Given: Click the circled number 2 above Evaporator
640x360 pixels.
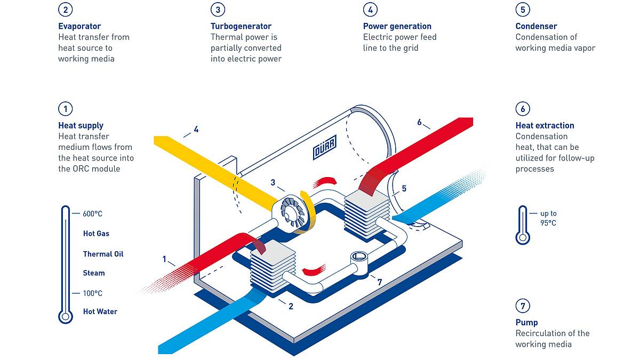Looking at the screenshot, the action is pos(66,10).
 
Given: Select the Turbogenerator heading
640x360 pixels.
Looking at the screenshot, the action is pos(241,26).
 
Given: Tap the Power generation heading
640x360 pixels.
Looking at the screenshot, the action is pos(397,26).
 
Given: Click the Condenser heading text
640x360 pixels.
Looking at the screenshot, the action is pos(537,26).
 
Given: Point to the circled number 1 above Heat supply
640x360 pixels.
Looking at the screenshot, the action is pos(66,109).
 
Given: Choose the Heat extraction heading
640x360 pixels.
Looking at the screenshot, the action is pos(545,125).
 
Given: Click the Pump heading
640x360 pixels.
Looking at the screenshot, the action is pos(526,323).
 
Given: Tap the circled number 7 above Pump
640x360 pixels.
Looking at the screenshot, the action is pos(523,306).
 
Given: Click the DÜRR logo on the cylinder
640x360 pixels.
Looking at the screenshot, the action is pos(325,147).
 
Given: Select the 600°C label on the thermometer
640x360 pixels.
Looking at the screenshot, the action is pos(92,214).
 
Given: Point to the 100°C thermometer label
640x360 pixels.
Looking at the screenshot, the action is pos(92,293).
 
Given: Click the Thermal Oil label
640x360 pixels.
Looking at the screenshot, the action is pos(103,254).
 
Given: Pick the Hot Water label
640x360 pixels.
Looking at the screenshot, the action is pos(100,311).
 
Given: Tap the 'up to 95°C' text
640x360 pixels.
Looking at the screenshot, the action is pos(548,218).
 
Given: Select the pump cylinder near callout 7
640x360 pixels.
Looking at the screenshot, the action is pos(359,263).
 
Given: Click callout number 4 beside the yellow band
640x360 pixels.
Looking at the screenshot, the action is pos(196,130).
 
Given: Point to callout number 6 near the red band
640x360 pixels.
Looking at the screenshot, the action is pos(419,122).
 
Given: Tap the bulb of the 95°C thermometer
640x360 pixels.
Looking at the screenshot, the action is pos(523,237).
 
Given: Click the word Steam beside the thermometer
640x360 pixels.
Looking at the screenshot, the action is pos(94,273).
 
